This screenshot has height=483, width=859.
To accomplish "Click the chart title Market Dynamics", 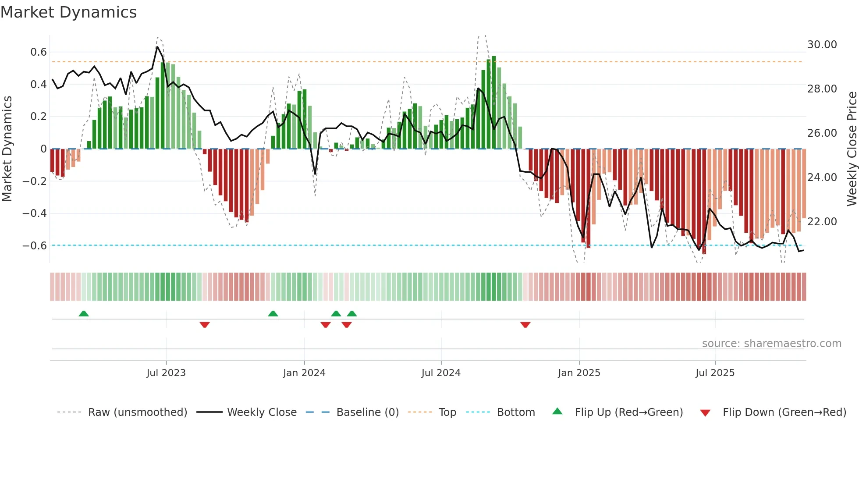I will [x=69, y=12].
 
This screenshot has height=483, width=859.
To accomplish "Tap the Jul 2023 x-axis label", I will [x=166, y=373].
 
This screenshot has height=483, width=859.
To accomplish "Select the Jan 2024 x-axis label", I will [x=304, y=373].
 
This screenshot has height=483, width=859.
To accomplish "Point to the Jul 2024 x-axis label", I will [x=441, y=373].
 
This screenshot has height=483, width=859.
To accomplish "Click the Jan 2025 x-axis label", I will [x=579, y=373].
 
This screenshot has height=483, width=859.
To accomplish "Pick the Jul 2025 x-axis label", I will [x=715, y=373].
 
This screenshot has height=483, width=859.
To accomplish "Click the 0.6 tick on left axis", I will [x=39, y=52].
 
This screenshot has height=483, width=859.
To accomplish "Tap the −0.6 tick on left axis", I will [x=35, y=245].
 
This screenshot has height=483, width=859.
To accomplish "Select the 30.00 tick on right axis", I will [x=822, y=45].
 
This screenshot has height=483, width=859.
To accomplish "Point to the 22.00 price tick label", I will [x=822, y=222].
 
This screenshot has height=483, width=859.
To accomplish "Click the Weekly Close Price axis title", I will [x=852, y=149].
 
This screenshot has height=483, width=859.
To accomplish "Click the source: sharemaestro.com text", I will [x=771, y=344].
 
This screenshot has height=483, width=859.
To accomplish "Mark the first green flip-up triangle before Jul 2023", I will [x=84, y=313].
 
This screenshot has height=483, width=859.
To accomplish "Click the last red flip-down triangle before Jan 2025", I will [x=525, y=325].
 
